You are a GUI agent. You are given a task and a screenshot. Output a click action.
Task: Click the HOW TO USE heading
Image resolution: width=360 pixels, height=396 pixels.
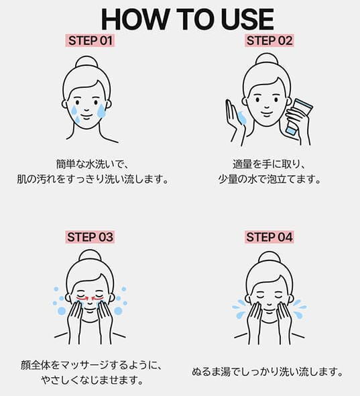point(188,19)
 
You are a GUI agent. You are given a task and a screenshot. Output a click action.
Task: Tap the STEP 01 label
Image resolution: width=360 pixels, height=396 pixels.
point(90,41)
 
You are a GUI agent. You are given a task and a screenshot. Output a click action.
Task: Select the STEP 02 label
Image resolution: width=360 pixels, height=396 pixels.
point(269,41)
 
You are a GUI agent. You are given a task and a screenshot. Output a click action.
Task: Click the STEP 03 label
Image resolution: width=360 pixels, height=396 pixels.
point(90,237)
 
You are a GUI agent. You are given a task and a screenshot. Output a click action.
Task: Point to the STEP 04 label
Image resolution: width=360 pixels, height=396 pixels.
point(269,237)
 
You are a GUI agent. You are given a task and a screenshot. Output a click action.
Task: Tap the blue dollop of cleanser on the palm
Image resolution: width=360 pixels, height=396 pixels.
point(242,117)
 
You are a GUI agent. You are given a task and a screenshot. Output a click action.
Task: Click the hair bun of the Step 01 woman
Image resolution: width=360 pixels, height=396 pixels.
point(86,62)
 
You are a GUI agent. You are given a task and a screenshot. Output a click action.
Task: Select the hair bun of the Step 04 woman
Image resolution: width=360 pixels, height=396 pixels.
point(269,258)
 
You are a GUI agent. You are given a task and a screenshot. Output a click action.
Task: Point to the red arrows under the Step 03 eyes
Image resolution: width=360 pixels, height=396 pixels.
point(90,299)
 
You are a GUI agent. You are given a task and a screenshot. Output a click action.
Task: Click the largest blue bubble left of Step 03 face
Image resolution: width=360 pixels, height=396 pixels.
point(62,311)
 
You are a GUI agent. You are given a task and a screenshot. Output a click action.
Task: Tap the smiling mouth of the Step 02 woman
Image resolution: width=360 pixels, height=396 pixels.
point(266,113)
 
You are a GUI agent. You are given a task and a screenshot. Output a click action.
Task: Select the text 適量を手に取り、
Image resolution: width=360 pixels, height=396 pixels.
point(269,164)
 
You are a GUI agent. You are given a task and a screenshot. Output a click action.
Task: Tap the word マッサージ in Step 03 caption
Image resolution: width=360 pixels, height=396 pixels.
point(85,365)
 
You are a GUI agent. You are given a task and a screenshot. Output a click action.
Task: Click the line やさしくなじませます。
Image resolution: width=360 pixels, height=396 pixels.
point(93,380)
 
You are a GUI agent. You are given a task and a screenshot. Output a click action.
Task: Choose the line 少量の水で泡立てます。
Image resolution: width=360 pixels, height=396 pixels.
point(269,180)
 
